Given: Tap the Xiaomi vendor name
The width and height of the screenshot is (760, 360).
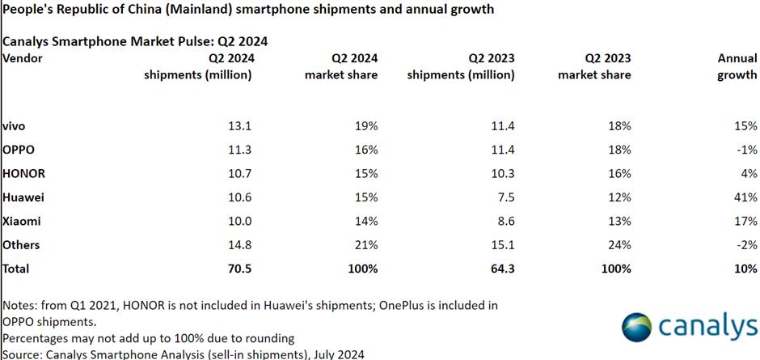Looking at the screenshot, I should pos(22,221).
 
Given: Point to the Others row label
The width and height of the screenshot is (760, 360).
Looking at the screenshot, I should pos(22,244).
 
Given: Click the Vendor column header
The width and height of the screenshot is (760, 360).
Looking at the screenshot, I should pos(23,58).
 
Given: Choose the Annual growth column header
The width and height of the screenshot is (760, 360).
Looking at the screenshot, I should pos(737,66).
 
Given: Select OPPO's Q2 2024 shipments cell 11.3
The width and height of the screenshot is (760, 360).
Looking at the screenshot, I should pos(241,150).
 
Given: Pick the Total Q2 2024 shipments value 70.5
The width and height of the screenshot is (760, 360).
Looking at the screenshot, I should pos(240,268).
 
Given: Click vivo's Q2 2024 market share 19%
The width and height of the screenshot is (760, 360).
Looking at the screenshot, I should pos(365,127).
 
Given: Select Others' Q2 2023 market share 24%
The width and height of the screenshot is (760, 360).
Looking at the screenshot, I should pos(619,244).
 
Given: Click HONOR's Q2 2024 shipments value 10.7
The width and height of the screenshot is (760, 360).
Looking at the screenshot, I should pos(240,174).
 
